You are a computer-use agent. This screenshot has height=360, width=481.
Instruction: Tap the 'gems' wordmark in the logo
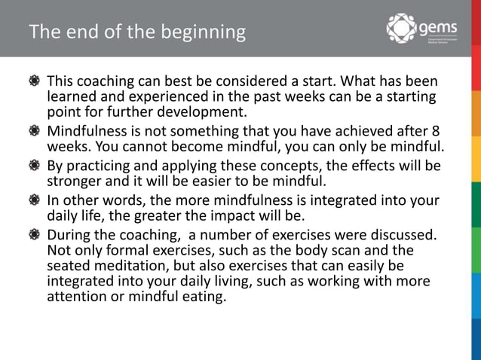438,27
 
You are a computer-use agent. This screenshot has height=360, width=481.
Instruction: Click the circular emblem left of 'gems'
401,29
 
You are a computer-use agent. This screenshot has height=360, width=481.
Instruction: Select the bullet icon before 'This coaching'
35,81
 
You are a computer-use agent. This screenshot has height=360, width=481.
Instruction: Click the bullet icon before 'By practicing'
35,165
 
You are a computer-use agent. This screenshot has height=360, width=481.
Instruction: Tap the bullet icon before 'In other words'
35,200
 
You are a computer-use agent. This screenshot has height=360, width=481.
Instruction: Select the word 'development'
204,113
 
